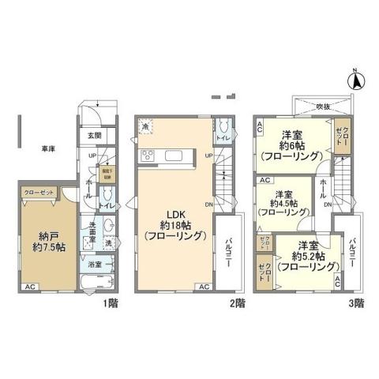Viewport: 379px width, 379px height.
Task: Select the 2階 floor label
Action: (x=237, y=302)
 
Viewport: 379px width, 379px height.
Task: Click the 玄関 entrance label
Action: (x=92, y=136)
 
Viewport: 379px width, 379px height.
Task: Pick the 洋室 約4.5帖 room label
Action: (x=283, y=204)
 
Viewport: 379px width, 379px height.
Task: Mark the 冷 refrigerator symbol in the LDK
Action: (x=146, y=125)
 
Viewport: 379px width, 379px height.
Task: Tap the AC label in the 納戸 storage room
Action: (x=30, y=287)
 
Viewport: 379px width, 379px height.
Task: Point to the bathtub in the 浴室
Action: (x=99, y=283)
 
